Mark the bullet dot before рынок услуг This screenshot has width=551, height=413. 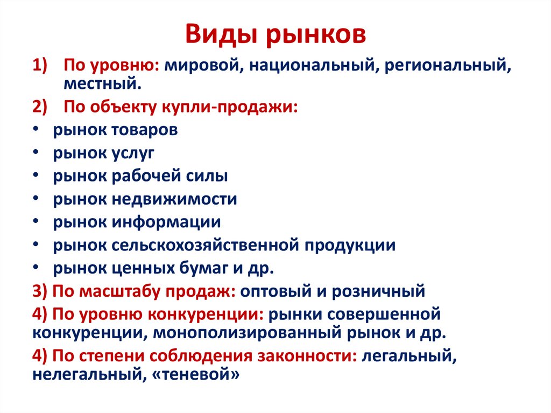[x=36, y=153]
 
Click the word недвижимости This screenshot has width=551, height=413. [x=174, y=199]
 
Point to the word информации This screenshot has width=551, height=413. [x=166, y=222]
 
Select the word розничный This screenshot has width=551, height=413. [x=378, y=291]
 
